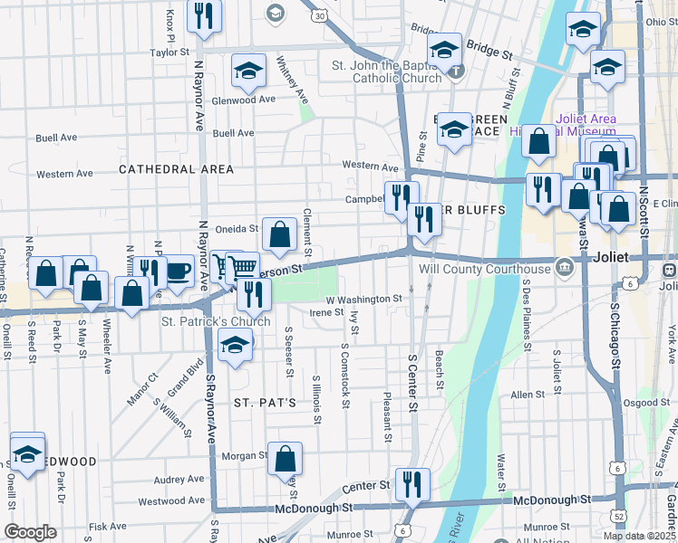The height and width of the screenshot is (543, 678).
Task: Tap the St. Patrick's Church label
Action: pos(216,321)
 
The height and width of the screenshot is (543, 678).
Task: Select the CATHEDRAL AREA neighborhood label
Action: pos(176,169)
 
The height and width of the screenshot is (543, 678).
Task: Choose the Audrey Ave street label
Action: pos(179,480)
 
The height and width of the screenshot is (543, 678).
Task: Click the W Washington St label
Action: pos(363,299)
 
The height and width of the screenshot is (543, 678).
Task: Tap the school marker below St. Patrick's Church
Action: pos(235,348)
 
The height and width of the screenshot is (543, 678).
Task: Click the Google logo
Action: pos(30,531)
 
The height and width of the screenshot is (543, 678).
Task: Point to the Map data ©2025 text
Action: pos(639,536)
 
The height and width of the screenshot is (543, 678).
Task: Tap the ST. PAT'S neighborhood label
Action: pos(265,402)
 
